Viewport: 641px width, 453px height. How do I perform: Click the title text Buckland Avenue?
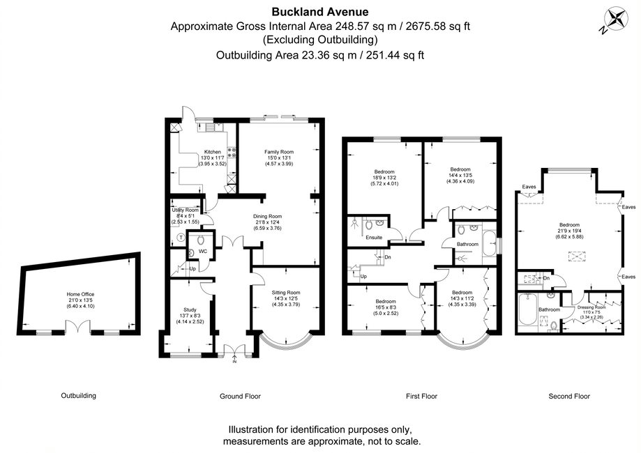pos(320,12)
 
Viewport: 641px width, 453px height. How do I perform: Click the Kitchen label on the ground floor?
pos(212,151)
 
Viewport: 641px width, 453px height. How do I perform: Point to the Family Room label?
pos(278,151)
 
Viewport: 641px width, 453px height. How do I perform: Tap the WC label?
pos(203,251)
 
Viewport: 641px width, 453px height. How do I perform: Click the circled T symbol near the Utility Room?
pos(181,237)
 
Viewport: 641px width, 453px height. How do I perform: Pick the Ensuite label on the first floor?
pos(364,237)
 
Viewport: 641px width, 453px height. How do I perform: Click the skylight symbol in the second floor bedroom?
pos(577,256)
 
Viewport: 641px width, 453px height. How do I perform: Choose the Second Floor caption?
pos(568,396)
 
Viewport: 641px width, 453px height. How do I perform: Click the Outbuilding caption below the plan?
pos(78,396)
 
